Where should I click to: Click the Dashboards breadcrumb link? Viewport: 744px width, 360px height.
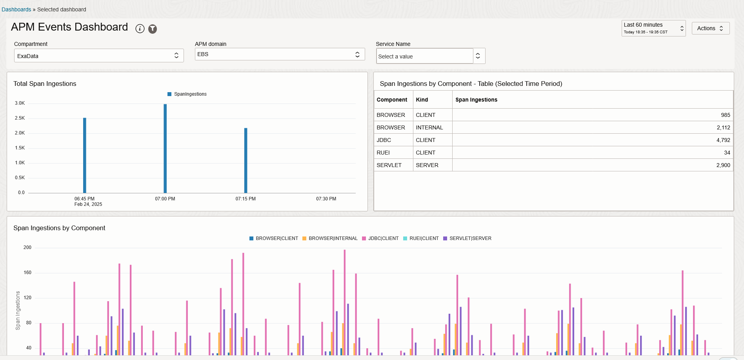coord(16,9)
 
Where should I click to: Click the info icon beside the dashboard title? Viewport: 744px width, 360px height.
coord(140,29)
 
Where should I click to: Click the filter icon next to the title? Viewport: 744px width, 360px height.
coord(153,29)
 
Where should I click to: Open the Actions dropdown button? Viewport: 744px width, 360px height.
coord(710,28)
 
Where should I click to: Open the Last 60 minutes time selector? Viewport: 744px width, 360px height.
coord(653,28)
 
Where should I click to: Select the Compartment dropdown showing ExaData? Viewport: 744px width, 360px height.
coord(99,56)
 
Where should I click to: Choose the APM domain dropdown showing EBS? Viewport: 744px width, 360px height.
coord(280,54)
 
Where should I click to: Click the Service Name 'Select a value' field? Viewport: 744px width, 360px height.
coord(425,56)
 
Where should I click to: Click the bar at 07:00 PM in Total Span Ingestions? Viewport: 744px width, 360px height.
coord(165,149)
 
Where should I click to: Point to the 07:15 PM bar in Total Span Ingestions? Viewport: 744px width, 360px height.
coord(246,161)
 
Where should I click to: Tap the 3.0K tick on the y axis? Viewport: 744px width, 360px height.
coord(20,103)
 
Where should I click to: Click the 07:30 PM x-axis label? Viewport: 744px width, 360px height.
coord(326,199)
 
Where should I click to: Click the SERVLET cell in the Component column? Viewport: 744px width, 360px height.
coord(389,165)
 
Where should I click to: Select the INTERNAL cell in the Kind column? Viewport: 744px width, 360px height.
coord(429,127)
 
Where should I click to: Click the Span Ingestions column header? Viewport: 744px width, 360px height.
coord(476,100)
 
